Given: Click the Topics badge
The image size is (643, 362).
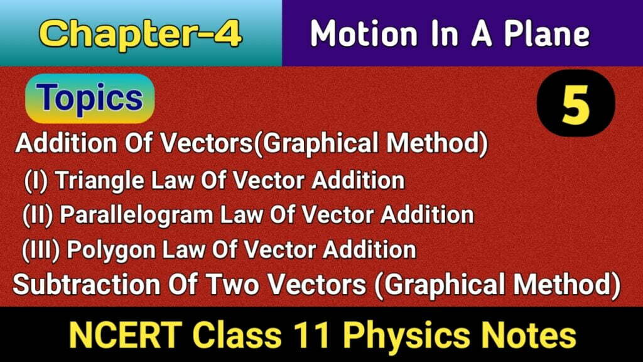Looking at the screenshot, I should (x=89, y=98).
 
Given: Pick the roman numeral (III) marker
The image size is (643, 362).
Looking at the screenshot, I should (x=43, y=250).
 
